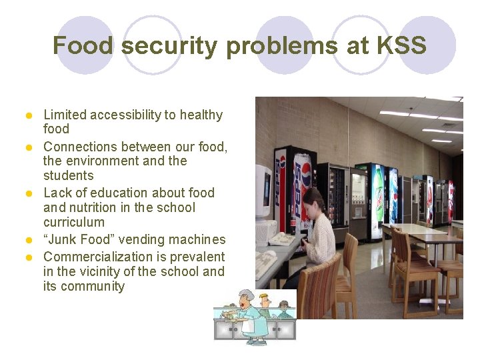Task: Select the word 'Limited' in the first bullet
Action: [x=65, y=115]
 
